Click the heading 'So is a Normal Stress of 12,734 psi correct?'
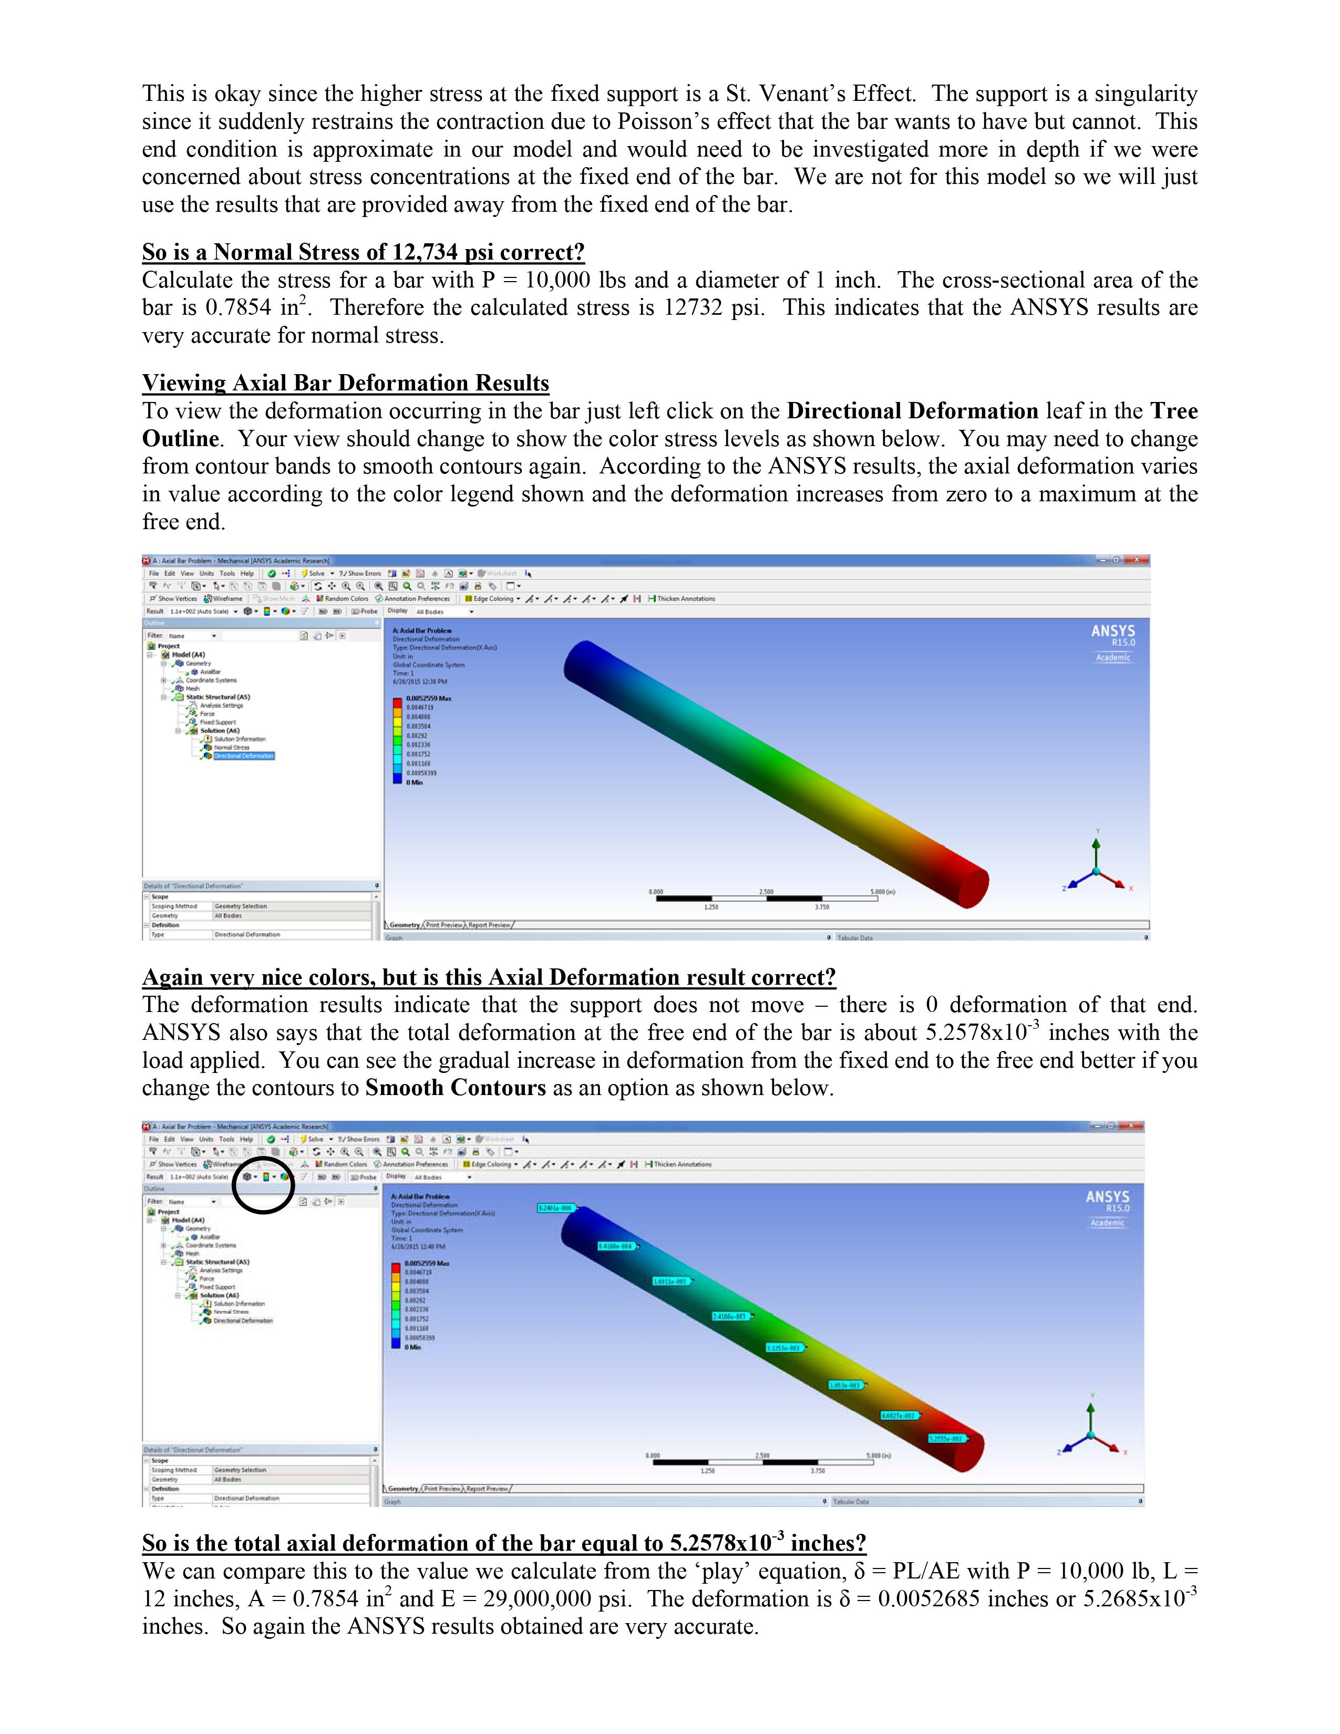(363, 252)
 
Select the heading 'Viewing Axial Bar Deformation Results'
(345, 384)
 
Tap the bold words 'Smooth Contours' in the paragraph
(455, 1088)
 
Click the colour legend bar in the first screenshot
(397, 740)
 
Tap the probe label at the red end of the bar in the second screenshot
(946, 1439)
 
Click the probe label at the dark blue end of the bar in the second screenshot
(555, 1207)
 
